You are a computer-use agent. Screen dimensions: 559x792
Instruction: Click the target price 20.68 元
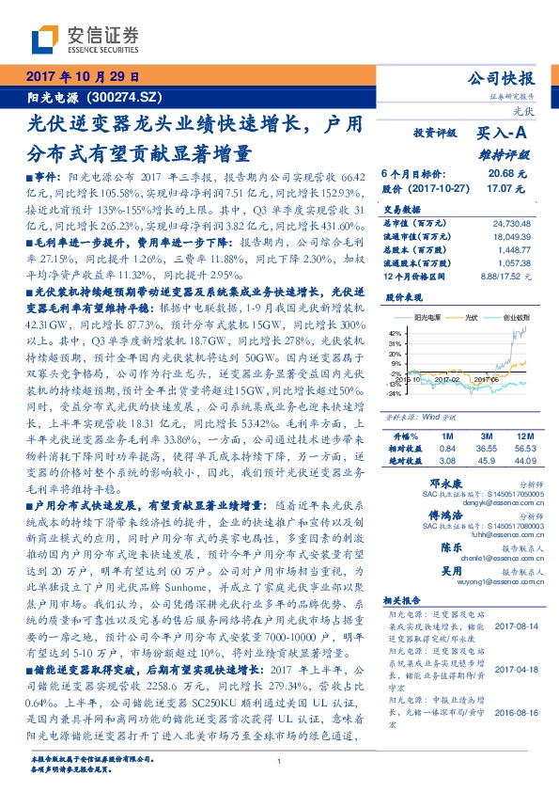(503, 174)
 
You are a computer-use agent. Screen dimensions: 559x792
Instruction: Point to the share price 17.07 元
(503, 187)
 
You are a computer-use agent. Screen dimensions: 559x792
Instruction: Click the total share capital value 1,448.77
(515, 250)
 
